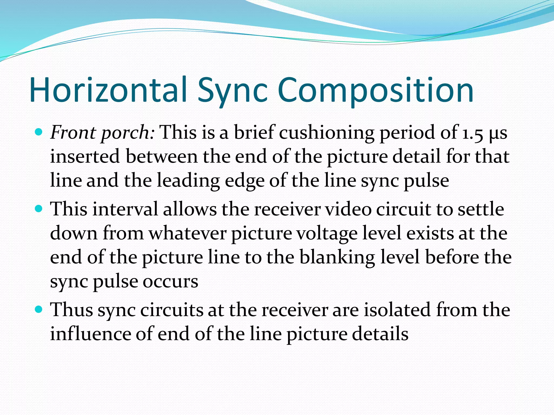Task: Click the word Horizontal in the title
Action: [x=108, y=90]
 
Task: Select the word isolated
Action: [x=397, y=310]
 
